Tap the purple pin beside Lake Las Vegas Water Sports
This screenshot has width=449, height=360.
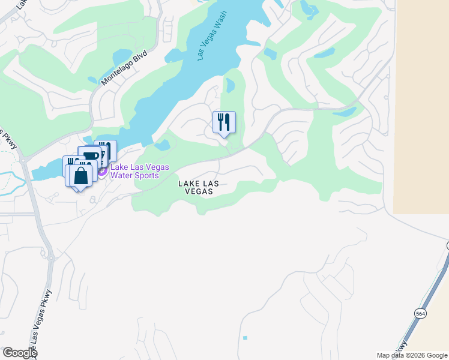[101, 171]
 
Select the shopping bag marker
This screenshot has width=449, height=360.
[80, 175]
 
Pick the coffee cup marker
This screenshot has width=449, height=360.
[90, 157]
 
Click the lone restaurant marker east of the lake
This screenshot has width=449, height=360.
[224, 122]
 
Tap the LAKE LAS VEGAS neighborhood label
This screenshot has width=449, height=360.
[196, 187]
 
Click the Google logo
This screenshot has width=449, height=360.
[19, 353]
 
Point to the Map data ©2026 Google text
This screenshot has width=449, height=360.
[412, 355]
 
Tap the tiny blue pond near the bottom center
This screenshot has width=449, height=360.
[245, 338]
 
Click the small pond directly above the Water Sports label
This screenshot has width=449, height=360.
[162, 145]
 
